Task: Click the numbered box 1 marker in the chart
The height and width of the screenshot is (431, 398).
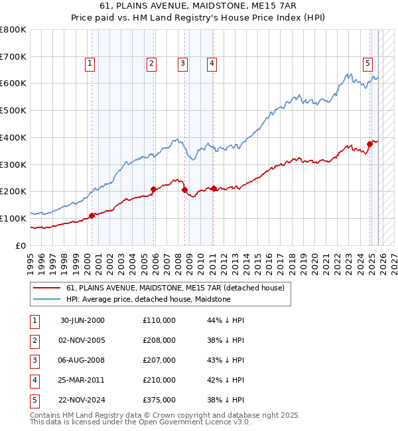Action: click(90, 64)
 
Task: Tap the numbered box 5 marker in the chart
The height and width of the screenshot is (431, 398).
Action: click(367, 64)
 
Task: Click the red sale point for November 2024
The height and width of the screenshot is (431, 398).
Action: click(369, 144)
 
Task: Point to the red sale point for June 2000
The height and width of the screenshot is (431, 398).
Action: click(92, 215)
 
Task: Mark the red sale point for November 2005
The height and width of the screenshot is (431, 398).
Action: click(153, 189)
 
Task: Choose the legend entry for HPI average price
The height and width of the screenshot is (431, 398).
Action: click(148, 299)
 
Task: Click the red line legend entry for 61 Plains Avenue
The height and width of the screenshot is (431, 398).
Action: click(175, 288)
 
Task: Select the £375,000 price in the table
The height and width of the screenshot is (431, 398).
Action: click(159, 400)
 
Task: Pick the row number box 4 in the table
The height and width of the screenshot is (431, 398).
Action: click(34, 380)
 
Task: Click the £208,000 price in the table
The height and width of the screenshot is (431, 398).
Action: click(159, 340)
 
